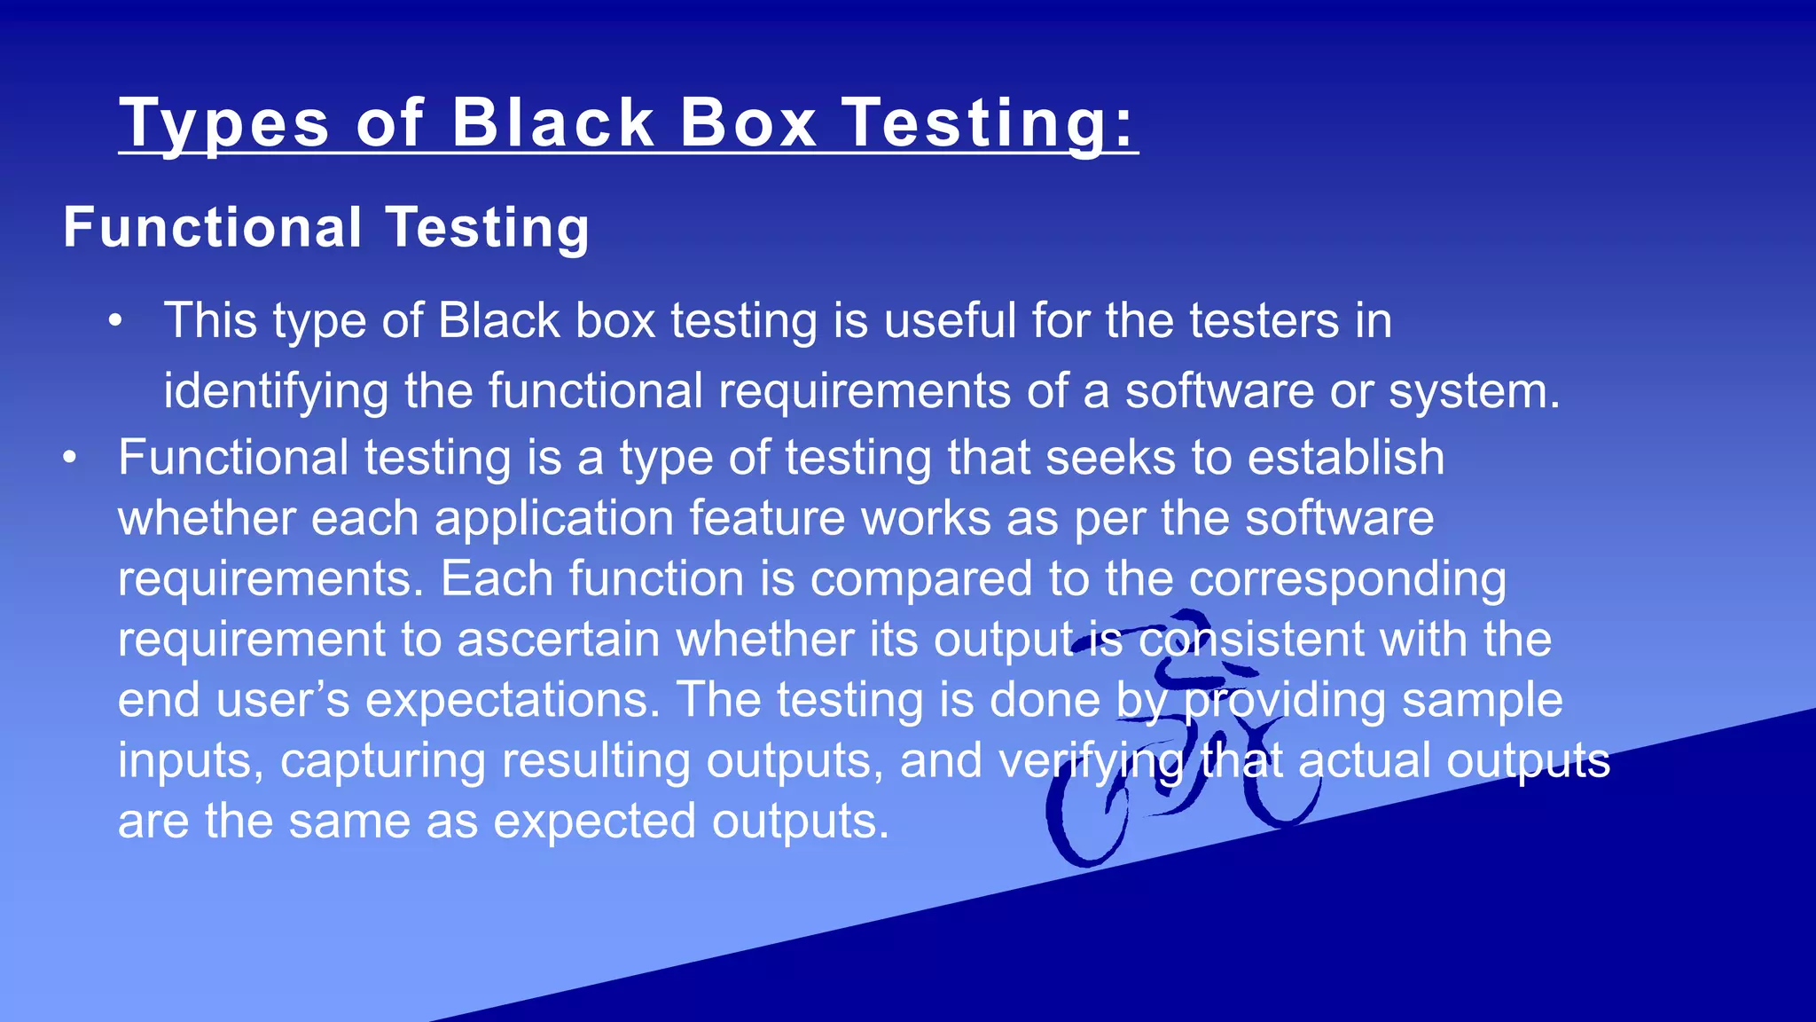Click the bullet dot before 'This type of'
(115, 321)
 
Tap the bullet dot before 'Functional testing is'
(70, 459)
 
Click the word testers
(1264, 320)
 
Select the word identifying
(276, 391)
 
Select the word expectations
(513, 700)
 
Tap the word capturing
(383, 760)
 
